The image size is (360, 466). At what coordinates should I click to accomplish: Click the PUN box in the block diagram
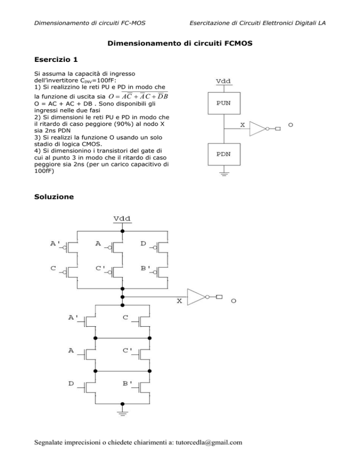point(224,103)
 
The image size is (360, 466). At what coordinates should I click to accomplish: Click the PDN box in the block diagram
point(224,154)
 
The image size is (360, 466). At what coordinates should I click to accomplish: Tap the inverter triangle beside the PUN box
point(257,128)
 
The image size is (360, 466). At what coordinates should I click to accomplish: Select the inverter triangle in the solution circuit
point(196,297)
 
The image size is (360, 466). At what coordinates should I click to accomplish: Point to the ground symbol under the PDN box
point(224,174)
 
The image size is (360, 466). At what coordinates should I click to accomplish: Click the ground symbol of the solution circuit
point(122,413)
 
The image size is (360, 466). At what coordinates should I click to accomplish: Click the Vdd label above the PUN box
point(223,81)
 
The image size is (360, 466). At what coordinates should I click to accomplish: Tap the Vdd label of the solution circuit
point(122,218)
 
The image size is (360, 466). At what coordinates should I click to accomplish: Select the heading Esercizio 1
point(56,60)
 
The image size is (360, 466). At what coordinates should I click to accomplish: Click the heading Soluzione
point(54,197)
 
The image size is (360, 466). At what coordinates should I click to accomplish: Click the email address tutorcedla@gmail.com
point(209,443)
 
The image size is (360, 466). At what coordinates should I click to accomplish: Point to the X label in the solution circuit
point(179,301)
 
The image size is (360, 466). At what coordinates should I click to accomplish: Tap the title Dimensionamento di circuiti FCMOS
point(180,44)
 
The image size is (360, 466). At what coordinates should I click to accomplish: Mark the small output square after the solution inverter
point(219,297)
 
